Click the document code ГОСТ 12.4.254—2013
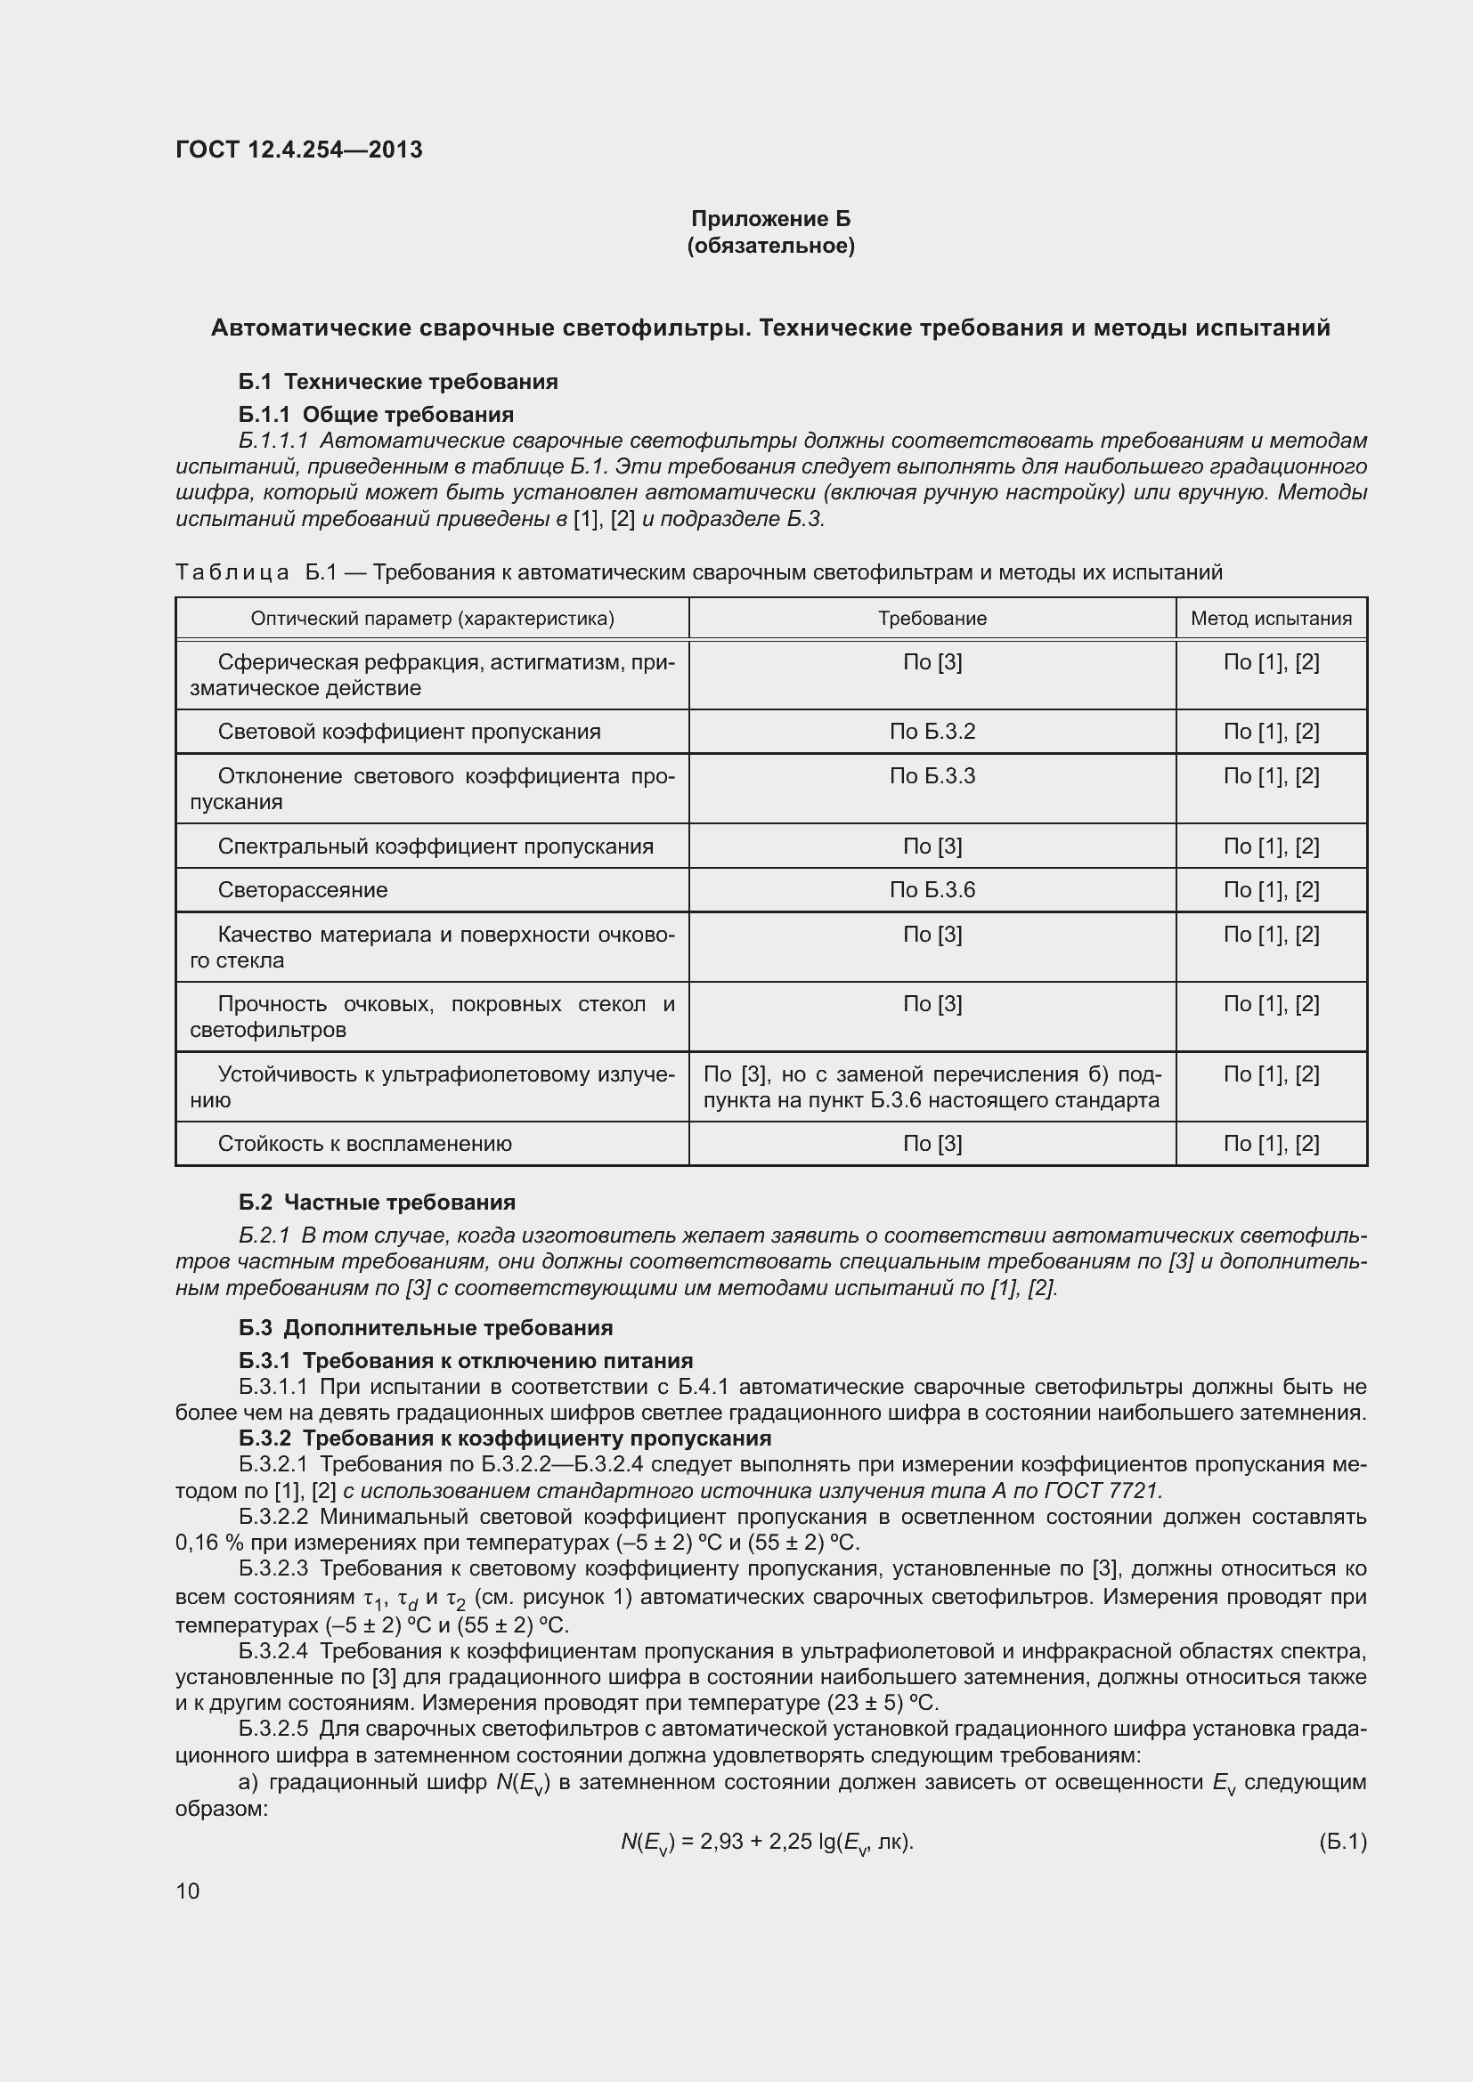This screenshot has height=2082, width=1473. (298, 150)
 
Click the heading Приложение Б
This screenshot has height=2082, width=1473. (770, 219)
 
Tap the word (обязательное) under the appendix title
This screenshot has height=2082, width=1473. (770, 246)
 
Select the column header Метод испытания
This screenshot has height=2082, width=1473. (1270, 619)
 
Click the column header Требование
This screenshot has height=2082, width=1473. (932, 619)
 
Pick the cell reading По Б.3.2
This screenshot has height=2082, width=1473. (932, 732)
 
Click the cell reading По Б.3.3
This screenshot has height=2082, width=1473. (932, 776)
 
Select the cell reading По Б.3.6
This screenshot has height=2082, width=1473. (932, 890)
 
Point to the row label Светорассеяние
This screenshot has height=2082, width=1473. (302, 890)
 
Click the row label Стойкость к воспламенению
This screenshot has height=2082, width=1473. (364, 1145)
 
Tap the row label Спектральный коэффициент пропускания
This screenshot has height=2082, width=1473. (435, 847)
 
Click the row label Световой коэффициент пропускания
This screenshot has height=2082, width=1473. (409, 732)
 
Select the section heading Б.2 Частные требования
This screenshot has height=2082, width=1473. (377, 1203)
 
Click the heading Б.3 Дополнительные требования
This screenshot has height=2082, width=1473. (426, 1328)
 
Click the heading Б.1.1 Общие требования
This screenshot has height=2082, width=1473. (376, 415)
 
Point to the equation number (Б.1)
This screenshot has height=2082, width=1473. (1341, 1842)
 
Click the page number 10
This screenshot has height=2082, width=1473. (188, 1891)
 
